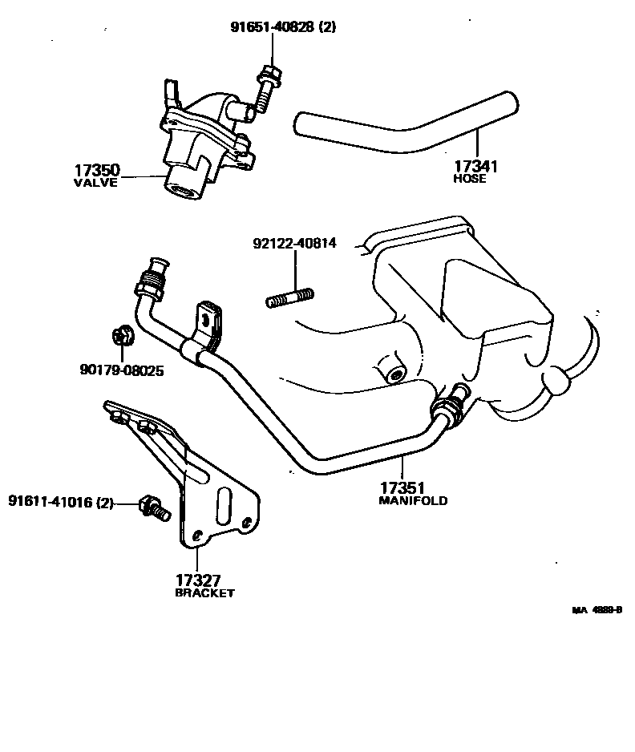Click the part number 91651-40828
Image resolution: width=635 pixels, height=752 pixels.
pyautogui.click(x=273, y=27)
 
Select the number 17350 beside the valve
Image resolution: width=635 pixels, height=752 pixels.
pyautogui.click(x=97, y=170)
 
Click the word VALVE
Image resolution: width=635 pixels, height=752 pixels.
pyautogui.click(x=96, y=183)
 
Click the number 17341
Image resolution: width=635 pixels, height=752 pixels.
pyautogui.click(x=476, y=167)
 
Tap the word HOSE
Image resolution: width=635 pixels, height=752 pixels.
pyautogui.click(x=470, y=179)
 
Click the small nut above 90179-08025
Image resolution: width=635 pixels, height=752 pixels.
pyautogui.click(x=123, y=335)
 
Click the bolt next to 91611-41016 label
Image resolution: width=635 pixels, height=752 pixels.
pyautogui.click(x=152, y=507)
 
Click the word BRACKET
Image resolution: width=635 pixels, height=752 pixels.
pyautogui.click(x=204, y=593)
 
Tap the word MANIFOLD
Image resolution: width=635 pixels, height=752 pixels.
pyautogui.click(x=412, y=500)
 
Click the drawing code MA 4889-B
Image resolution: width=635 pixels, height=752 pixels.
pyautogui.click(x=597, y=610)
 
